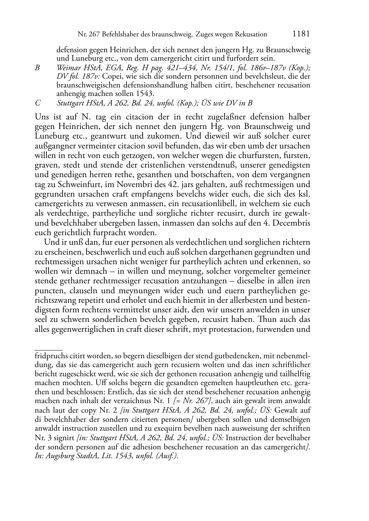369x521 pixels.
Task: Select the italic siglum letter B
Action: pos(37,68)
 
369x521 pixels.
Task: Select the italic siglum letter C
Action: pos(37,103)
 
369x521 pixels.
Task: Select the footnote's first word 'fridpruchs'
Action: pos(51,356)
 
